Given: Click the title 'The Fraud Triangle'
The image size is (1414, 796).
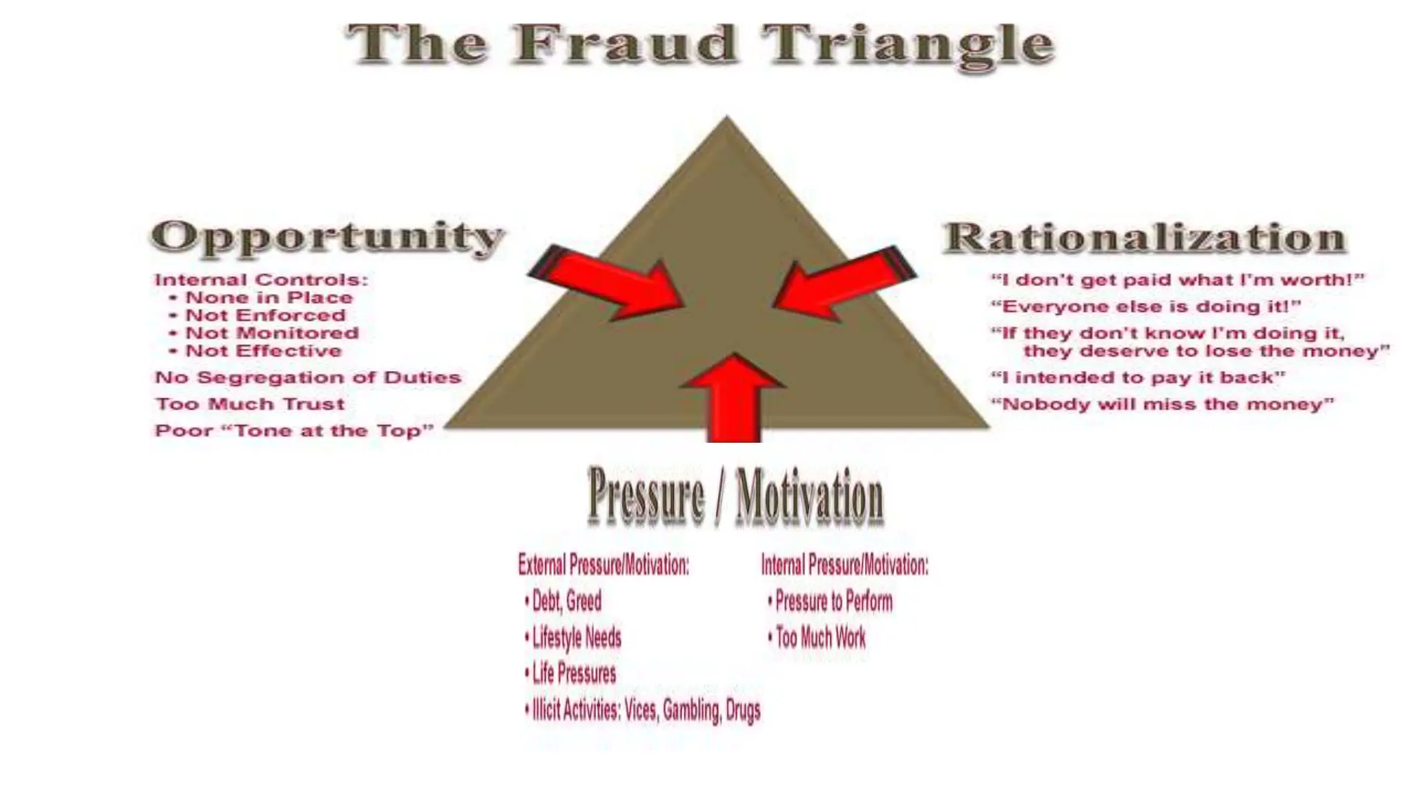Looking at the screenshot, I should click(700, 44).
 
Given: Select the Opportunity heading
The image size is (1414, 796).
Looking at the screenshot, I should click(327, 237).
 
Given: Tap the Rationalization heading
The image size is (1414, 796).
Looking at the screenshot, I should click(1144, 238).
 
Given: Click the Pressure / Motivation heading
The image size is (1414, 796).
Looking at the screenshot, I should click(735, 496).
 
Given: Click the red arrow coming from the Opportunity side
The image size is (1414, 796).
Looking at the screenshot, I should click(608, 284).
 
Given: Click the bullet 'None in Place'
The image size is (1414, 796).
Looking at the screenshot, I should click(269, 298).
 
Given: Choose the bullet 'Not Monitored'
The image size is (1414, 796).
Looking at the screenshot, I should click(272, 333).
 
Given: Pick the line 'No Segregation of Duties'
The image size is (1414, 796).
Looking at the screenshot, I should click(308, 377).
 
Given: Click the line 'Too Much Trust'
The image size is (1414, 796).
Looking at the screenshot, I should click(250, 404).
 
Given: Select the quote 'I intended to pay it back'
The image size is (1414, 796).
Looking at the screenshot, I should click(1138, 377).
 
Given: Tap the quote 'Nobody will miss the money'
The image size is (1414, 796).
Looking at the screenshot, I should click(1163, 404).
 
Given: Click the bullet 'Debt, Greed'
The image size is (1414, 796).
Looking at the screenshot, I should click(566, 600).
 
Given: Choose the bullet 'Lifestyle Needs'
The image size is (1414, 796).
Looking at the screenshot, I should click(577, 637).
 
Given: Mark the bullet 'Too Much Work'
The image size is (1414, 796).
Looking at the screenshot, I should click(820, 637).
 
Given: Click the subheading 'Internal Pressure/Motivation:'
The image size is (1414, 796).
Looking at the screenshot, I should click(844, 565).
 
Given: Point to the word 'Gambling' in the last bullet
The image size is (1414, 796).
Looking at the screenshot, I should click(690, 710).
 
